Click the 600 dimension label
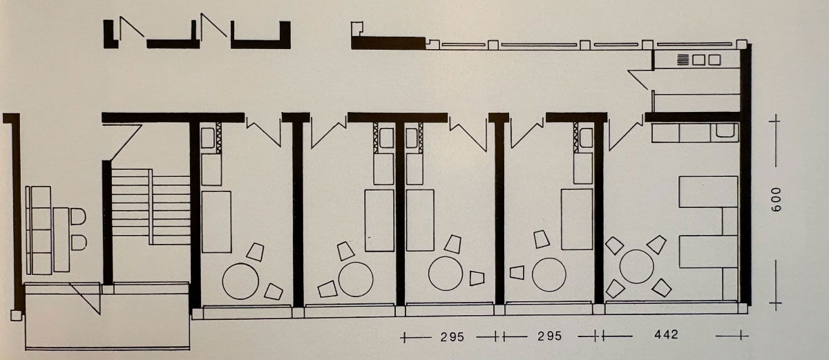click(x=776, y=200)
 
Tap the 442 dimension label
click(x=667, y=334)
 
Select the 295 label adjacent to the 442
click(x=550, y=336)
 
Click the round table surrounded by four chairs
click(x=636, y=267)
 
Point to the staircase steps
click(x=151, y=207)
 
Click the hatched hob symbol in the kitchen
click(x=683, y=59)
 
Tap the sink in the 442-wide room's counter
click(x=727, y=131)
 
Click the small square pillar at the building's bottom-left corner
click(x=16, y=315)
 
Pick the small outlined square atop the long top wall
click(x=356, y=28)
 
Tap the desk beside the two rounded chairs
click(x=61, y=240)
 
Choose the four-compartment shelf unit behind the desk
click(x=41, y=231)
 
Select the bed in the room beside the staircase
click(x=216, y=222)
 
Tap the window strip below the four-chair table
click(x=671, y=308)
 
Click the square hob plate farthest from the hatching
click(x=714, y=59)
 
